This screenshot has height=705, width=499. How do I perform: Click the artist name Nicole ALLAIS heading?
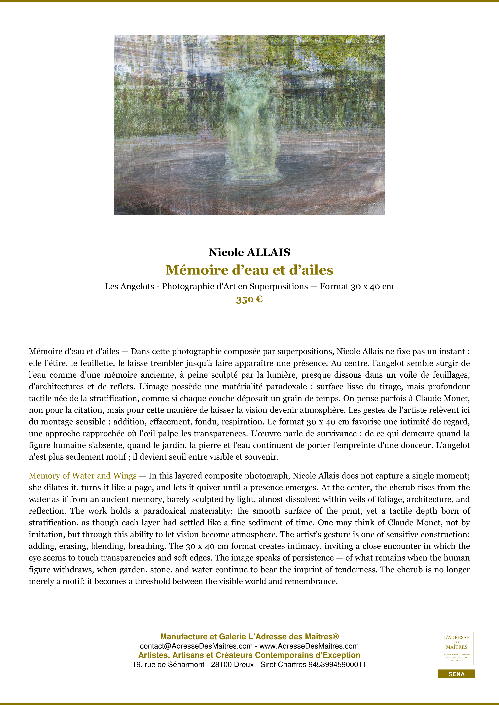pos(249,252)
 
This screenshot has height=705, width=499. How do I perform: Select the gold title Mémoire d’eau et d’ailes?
pos(249,270)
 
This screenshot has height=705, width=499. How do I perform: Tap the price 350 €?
pos(249,299)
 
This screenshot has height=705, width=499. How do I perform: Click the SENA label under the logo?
pos(456,674)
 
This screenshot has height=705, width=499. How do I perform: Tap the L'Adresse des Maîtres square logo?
pos(456,649)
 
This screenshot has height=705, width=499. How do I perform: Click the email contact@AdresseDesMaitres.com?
pos(196,646)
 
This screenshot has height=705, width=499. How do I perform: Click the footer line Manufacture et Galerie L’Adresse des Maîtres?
pos(249,636)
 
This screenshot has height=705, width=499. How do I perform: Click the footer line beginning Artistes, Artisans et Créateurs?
pos(249,655)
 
